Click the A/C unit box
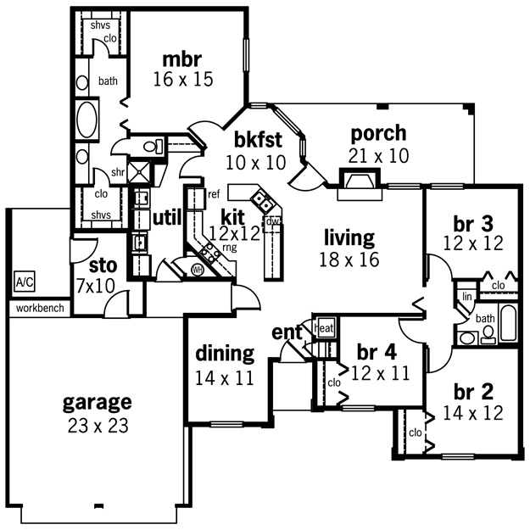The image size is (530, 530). point(25,282)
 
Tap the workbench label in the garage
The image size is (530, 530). point(40,309)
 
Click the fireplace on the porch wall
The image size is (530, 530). point(360,184)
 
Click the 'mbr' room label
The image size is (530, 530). point(181,59)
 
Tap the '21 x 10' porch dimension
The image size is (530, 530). point(378,156)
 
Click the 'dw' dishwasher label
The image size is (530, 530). point(273,222)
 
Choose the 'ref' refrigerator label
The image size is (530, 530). point(214,194)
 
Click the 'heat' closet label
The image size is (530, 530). point(325,328)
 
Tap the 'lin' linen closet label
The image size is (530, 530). point(466,297)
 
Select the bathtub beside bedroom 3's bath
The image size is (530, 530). point(508,322)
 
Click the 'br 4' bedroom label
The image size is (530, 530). point(377,352)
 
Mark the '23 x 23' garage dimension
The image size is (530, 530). point(98,426)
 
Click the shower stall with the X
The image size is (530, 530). point(140,172)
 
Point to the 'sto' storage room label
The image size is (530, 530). point(103,266)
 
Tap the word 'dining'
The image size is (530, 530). point(225,354)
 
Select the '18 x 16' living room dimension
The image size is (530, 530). point(349,259)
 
